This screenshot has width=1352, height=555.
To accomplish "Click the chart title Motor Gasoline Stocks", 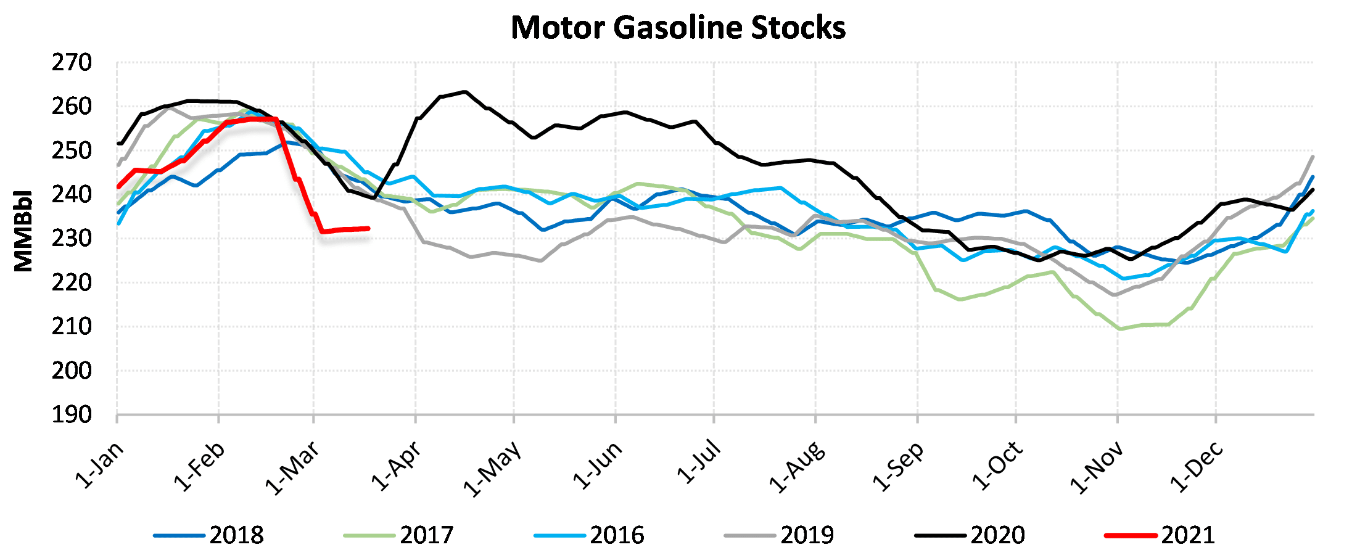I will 678,28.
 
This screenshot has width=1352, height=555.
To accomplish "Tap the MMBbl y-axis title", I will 23,231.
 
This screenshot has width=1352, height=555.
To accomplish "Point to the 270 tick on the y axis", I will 72,63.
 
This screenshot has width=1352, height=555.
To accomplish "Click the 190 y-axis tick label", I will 72,415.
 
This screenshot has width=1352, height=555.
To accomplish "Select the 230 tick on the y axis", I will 72,239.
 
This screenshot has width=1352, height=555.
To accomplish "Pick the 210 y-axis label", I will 72,327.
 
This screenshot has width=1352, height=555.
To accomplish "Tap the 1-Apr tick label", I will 397,466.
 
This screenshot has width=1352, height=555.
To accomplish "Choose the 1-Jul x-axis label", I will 699,462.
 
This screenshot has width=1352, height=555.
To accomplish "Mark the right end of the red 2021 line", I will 368,228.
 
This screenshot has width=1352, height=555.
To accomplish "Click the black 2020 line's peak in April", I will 464,92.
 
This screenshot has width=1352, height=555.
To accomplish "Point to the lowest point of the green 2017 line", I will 1120,329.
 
